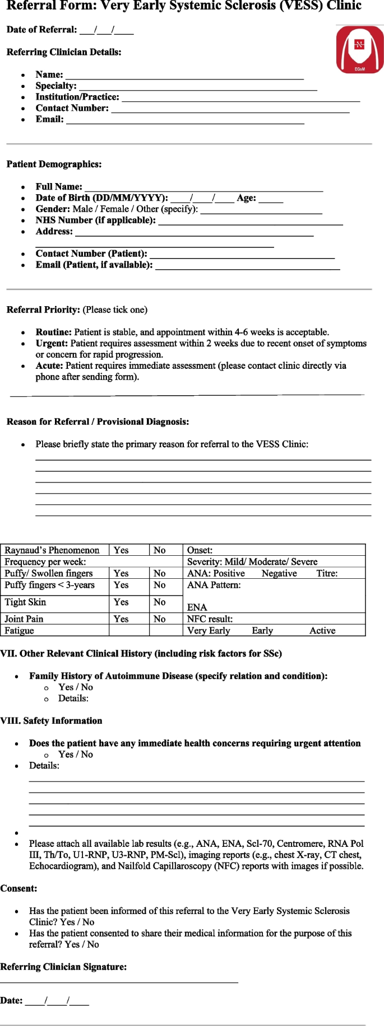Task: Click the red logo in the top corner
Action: (x=360, y=49)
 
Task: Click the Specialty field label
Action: (x=56, y=86)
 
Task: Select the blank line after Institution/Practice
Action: (x=240, y=99)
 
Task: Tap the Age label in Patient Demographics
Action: (x=246, y=198)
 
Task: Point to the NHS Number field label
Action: (x=95, y=220)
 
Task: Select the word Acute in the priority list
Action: (x=49, y=366)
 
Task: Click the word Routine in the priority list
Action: (x=53, y=332)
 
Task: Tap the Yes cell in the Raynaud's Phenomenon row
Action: (x=121, y=550)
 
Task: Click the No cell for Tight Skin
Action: (x=160, y=602)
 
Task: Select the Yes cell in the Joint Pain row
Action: (x=121, y=619)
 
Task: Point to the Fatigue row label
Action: (x=19, y=630)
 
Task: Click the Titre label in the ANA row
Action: (x=327, y=573)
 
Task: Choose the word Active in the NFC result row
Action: (x=322, y=630)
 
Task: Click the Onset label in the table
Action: (x=200, y=550)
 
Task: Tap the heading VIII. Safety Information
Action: (x=51, y=721)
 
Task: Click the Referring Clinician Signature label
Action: (x=63, y=967)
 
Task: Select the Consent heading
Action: (x=18, y=888)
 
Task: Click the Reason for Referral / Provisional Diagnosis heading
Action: (x=98, y=421)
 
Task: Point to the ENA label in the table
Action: (x=197, y=607)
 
